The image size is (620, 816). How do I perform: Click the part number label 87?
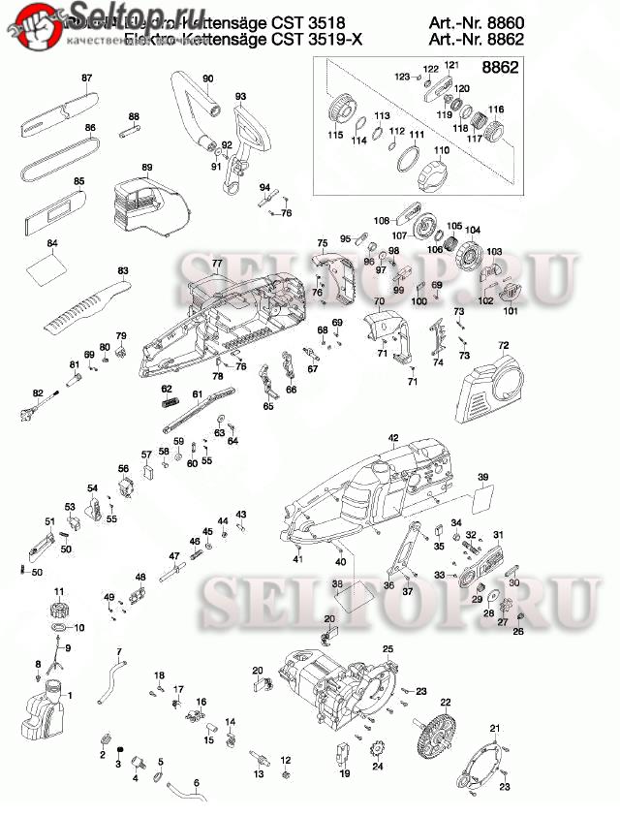click(86, 78)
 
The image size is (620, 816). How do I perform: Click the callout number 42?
click(393, 438)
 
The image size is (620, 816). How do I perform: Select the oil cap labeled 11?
click(59, 612)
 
